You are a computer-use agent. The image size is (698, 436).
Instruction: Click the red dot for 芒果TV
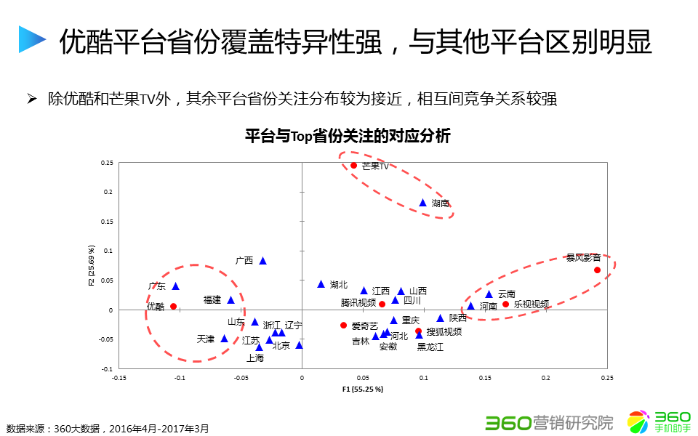tap(354, 165)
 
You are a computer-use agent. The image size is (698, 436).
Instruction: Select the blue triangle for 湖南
tap(423, 203)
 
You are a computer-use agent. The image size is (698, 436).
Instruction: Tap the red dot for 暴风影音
tap(597, 270)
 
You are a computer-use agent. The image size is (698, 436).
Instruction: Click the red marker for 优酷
tap(173, 306)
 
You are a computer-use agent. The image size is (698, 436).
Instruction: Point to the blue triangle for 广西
tap(263, 260)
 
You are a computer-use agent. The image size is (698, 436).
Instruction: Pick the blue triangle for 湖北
tap(321, 283)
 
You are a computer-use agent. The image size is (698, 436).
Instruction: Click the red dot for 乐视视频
tap(505, 304)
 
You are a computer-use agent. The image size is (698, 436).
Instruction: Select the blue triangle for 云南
tap(489, 294)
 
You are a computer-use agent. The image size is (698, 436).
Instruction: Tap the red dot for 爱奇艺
tap(343, 325)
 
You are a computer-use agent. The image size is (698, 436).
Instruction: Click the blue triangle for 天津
tap(225, 338)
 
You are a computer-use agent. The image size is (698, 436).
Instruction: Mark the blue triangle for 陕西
tap(440, 318)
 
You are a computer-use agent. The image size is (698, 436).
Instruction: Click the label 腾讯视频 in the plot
tap(358, 302)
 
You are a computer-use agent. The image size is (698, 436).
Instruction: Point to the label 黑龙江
tap(430, 347)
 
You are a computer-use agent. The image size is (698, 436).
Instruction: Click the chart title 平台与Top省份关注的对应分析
tap(348, 136)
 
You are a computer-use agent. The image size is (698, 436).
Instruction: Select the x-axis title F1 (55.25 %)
tap(362, 389)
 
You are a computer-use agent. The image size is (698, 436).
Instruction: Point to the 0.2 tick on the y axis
tap(108, 192)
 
